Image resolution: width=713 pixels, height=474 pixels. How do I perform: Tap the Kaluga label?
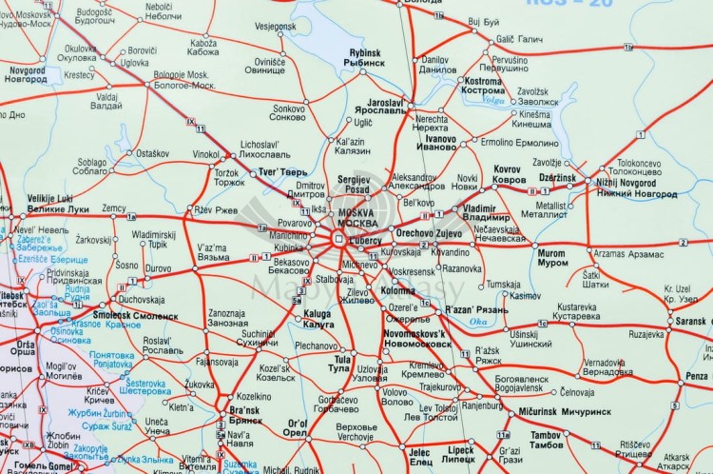(x=318, y=313)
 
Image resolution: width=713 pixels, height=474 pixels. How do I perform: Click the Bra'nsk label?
(x=245, y=411)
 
